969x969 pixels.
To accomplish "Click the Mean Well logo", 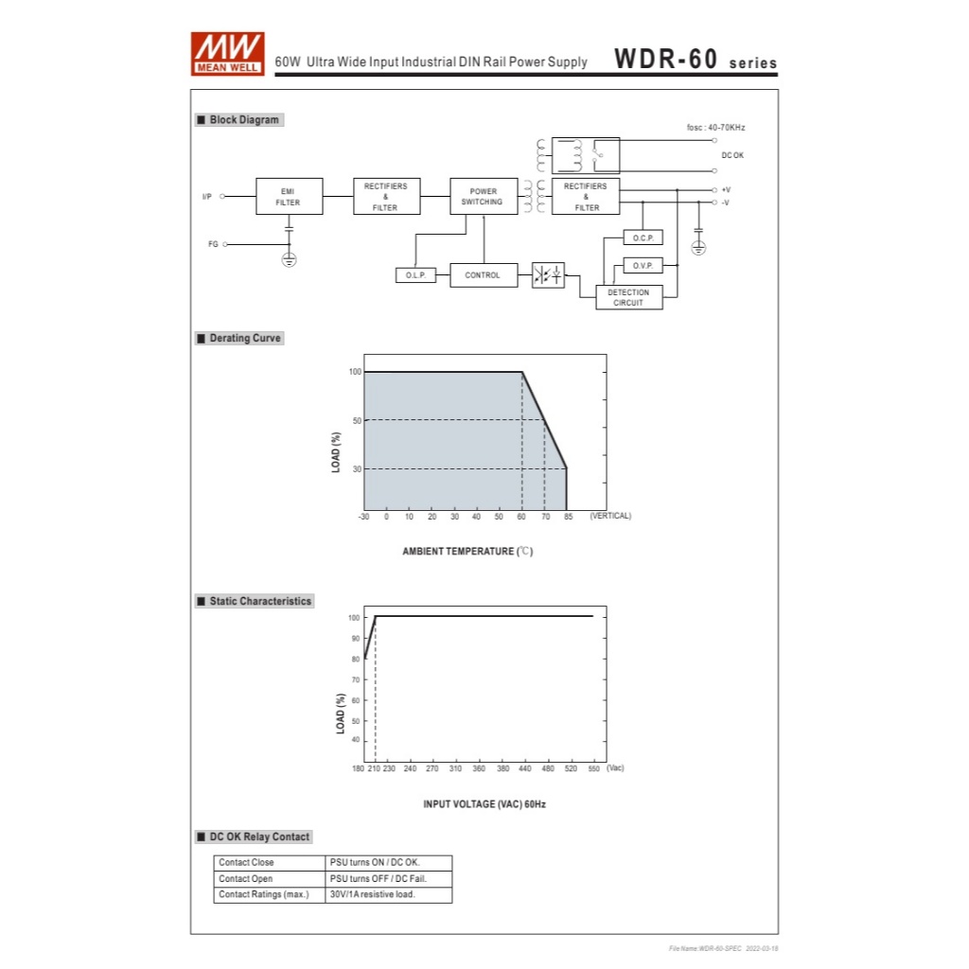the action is click(x=227, y=54).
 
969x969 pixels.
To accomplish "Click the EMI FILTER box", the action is click(x=290, y=197).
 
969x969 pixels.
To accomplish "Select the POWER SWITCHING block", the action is click(x=484, y=197).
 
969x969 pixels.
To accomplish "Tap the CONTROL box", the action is click(x=484, y=275).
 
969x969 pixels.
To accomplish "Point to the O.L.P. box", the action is click(x=415, y=275).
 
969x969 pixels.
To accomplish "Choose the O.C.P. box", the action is click(x=643, y=238).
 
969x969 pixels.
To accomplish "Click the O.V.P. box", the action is click(x=643, y=266).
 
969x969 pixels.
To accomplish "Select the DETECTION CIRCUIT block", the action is click(x=629, y=297).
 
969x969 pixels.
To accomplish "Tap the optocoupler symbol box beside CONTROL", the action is click(x=548, y=274).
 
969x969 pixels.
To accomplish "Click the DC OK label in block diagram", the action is click(x=732, y=155).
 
